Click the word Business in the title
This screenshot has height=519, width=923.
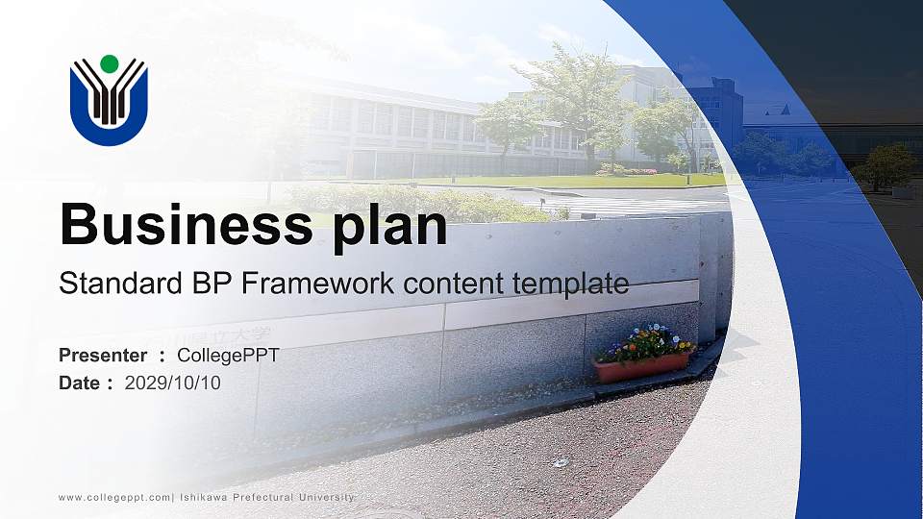[182, 226]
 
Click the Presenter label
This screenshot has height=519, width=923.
[103, 356]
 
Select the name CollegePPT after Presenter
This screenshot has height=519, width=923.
[228, 356]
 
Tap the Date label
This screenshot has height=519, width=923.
[80, 383]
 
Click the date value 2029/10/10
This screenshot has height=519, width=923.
[173, 383]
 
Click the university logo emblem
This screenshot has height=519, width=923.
[109, 101]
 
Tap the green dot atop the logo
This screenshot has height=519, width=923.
[109, 64]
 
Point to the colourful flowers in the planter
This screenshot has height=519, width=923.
[646, 341]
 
